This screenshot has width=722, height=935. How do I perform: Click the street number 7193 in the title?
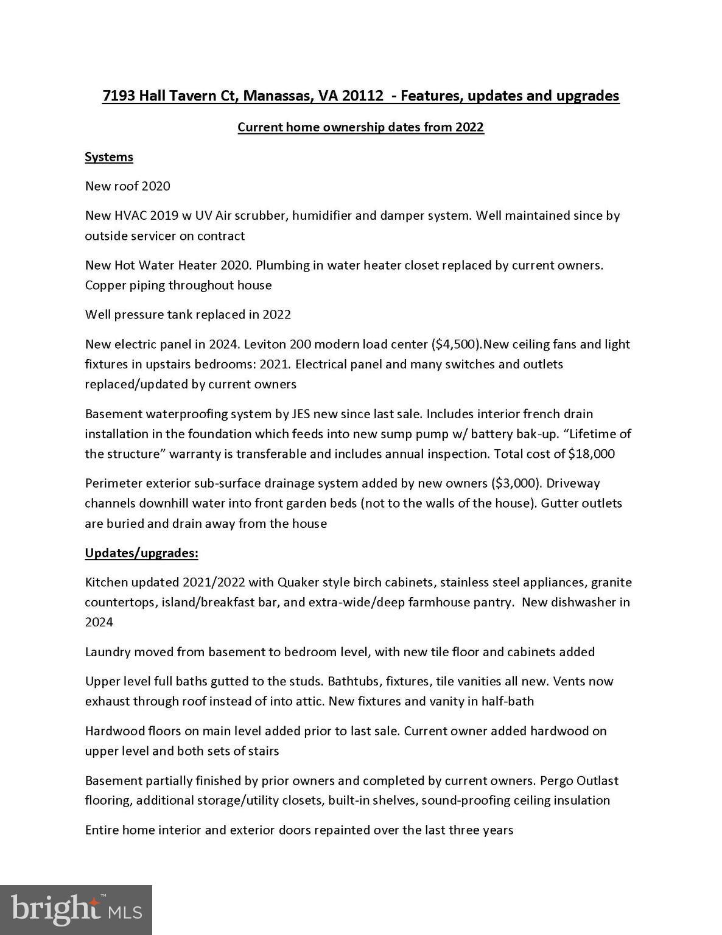tap(119, 96)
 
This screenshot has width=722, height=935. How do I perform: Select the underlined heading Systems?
tap(109, 157)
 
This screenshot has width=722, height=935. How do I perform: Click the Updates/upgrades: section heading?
tap(141, 553)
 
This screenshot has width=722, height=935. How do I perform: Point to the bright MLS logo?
tap(76, 910)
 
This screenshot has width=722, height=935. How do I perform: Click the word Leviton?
tap(264, 345)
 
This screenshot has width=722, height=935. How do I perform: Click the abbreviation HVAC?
tap(131, 215)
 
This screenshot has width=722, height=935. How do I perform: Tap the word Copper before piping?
tap(105, 285)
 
